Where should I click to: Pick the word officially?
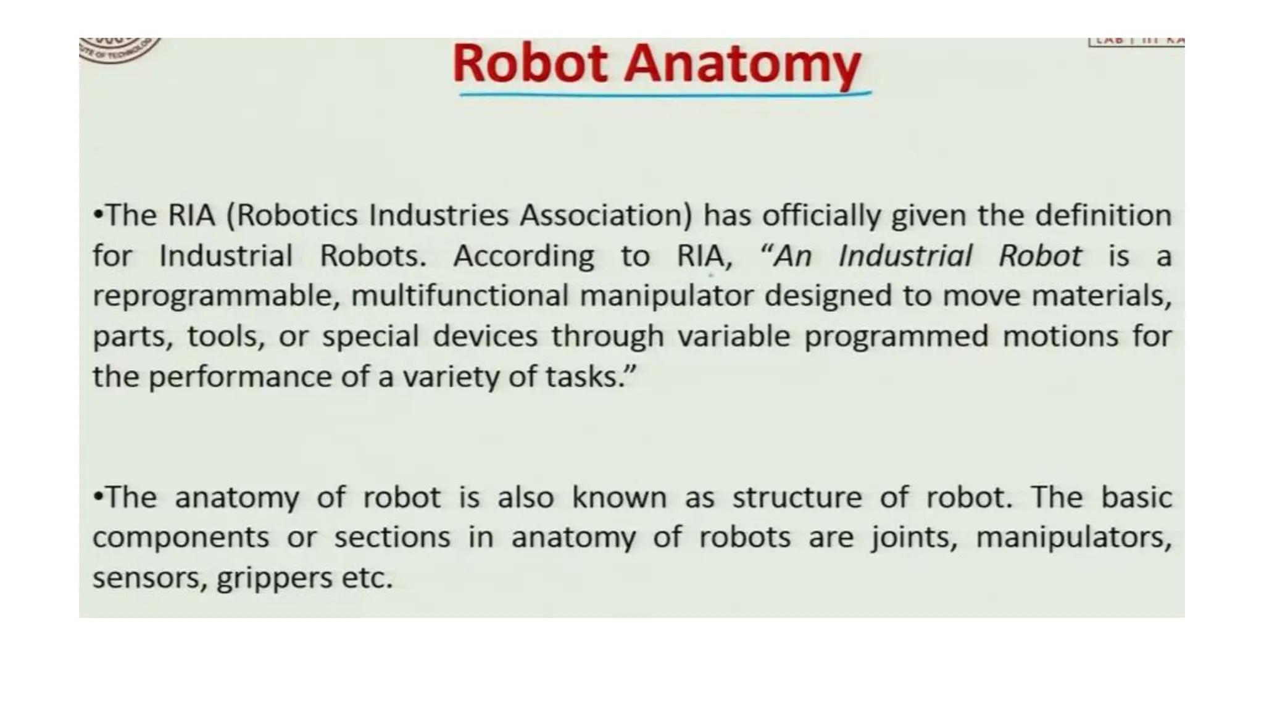coord(821,215)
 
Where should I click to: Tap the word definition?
coord(1103,215)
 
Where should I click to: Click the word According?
coord(524,256)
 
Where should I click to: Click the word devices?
coord(485,336)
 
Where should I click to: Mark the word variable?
coord(734,336)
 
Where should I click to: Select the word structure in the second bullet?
coord(797,497)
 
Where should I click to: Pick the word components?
coord(181,538)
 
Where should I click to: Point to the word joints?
coord(914,538)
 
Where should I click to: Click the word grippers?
coord(274,578)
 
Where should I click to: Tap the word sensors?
coord(149,578)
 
